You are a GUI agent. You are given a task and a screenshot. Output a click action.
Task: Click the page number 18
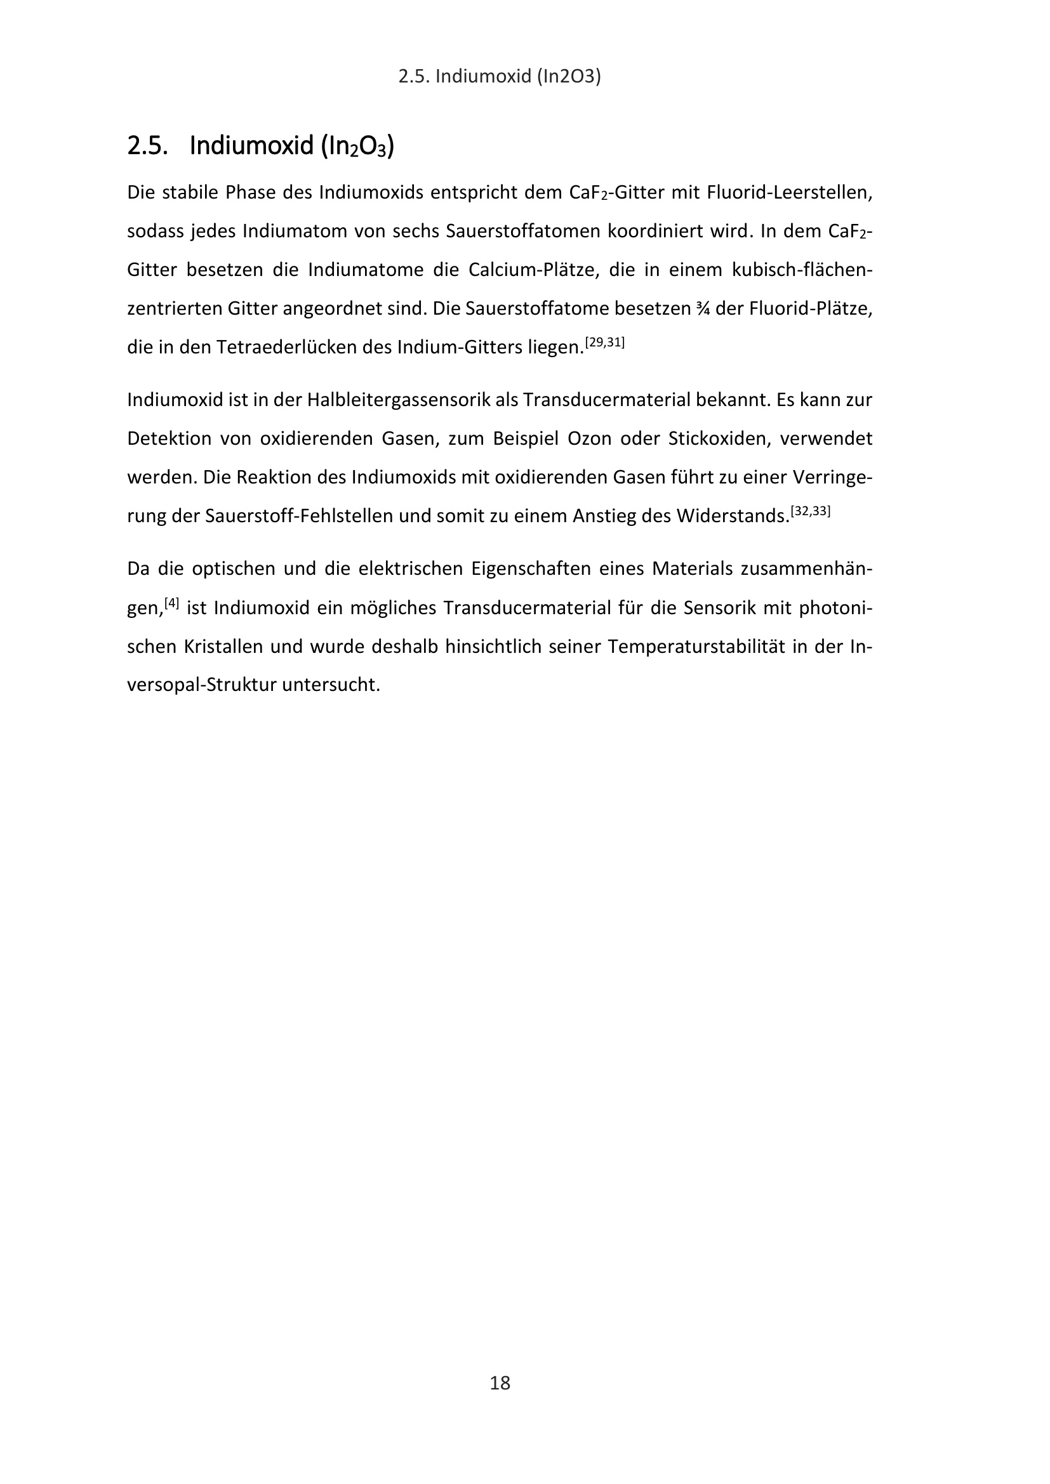[x=500, y=1382]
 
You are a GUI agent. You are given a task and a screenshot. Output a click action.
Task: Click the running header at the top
[x=500, y=77]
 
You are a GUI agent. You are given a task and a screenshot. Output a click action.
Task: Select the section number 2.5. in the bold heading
[x=147, y=147]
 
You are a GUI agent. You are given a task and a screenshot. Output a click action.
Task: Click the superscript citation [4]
[x=171, y=603]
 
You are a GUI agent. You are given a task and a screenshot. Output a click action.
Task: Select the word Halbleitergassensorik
[x=399, y=400]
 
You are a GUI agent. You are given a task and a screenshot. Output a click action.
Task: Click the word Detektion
[x=168, y=439]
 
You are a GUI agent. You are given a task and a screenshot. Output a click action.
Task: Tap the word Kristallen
[x=223, y=647]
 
